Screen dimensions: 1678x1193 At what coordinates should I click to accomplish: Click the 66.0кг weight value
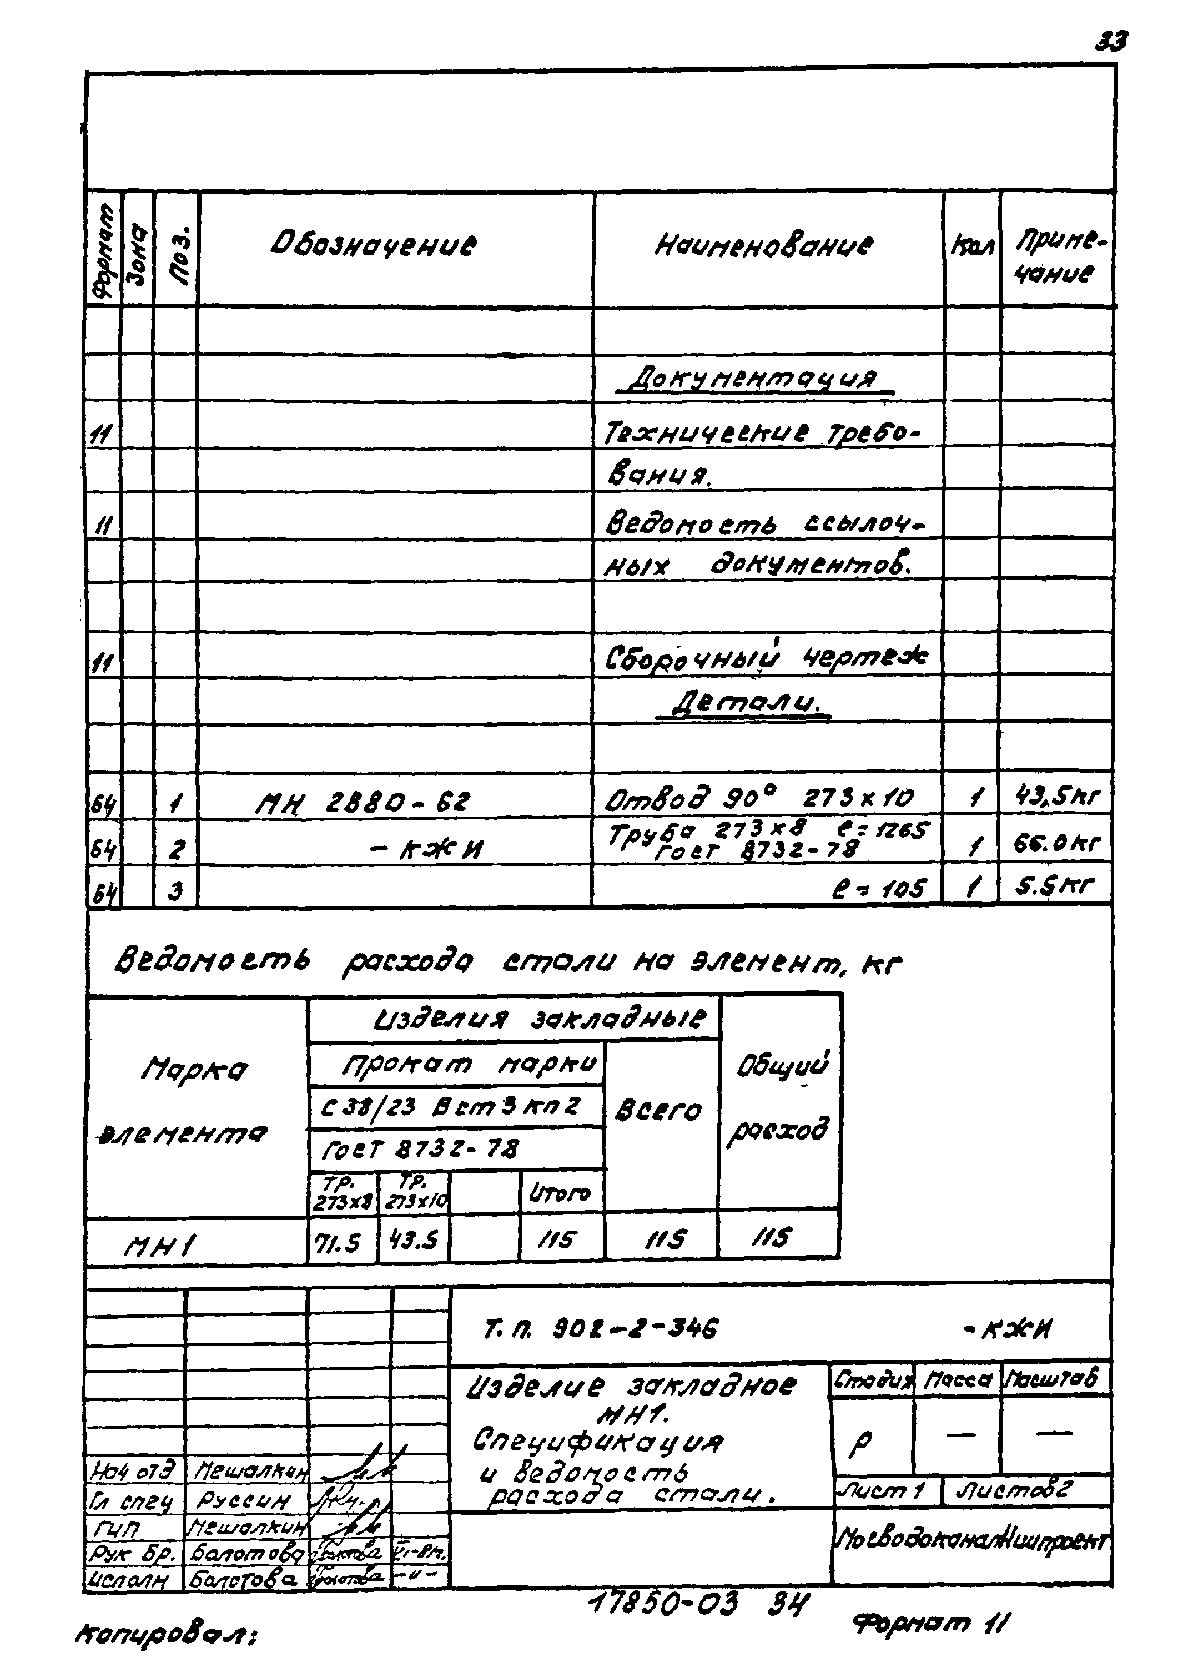point(1056,844)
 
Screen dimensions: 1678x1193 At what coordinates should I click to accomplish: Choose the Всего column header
point(658,1111)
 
